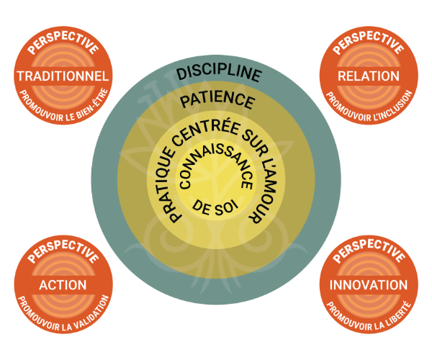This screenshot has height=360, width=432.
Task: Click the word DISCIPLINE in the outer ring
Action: pyautogui.click(x=219, y=73)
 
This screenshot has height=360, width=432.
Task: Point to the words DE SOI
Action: pyautogui.click(x=215, y=207)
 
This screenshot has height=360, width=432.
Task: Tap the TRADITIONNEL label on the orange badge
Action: pyautogui.click(x=63, y=76)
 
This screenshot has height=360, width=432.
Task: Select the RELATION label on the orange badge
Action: pyautogui.click(x=369, y=76)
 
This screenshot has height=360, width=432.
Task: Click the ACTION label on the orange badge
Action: pyautogui.click(x=63, y=285)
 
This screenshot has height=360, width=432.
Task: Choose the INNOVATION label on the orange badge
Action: pyautogui.click(x=369, y=285)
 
